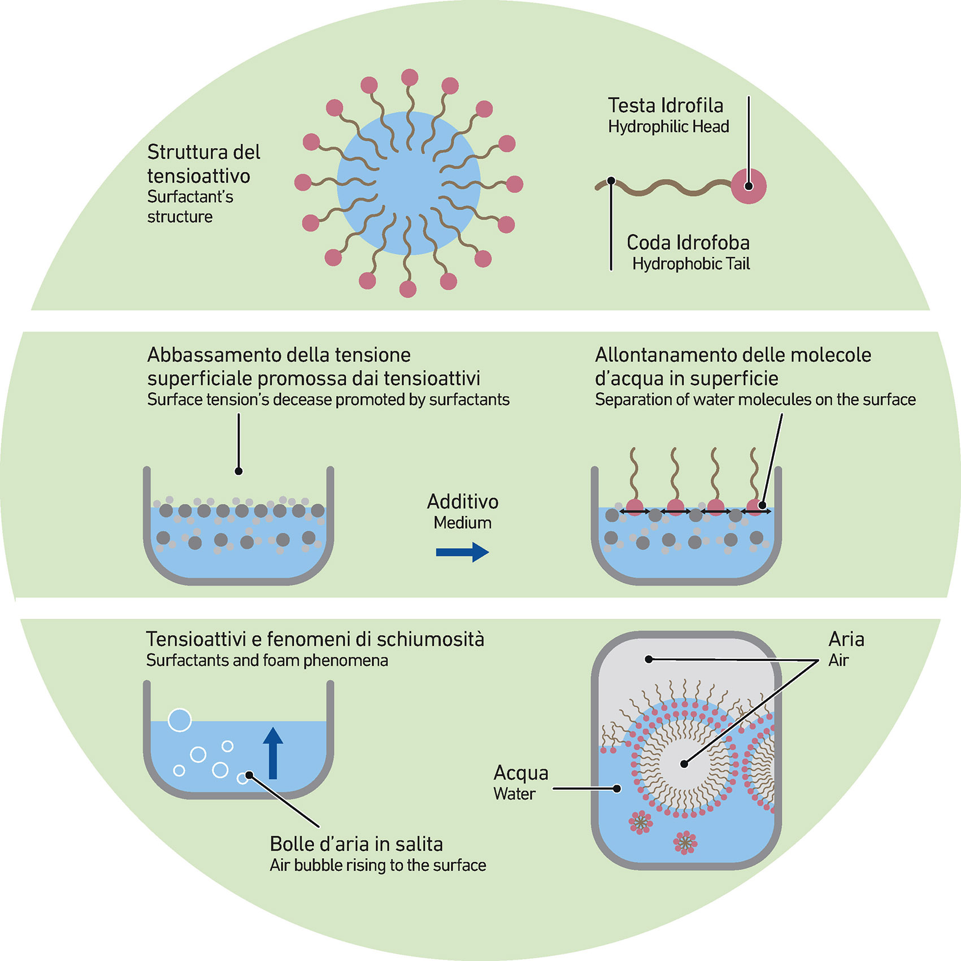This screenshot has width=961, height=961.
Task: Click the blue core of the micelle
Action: [408, 183]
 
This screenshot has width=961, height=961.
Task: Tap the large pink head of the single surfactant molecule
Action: [749, 186]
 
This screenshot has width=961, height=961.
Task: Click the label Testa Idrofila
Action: [666, 106]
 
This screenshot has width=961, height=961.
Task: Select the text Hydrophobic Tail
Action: [691, 264]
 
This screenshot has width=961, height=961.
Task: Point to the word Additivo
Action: [463, 502]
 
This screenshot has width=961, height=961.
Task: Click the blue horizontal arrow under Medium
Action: [462, 552]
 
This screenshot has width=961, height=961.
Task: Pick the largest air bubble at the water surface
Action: [180, 720]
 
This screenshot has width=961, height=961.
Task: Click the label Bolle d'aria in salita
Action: [356, 844]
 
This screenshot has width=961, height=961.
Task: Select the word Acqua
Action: [521, 773]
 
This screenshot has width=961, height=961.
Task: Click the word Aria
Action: [846, 640]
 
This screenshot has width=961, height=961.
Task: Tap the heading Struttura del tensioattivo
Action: [203, 164]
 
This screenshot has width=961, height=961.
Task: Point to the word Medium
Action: [463, 523]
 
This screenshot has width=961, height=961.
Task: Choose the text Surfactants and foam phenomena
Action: [267, 660]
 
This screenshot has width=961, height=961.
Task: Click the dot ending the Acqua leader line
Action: [618, 789]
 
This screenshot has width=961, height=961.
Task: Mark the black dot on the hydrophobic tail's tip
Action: [611, 181]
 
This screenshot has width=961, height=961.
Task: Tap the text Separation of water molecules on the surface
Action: [755, 400]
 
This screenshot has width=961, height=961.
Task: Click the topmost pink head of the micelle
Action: [410, 77]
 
